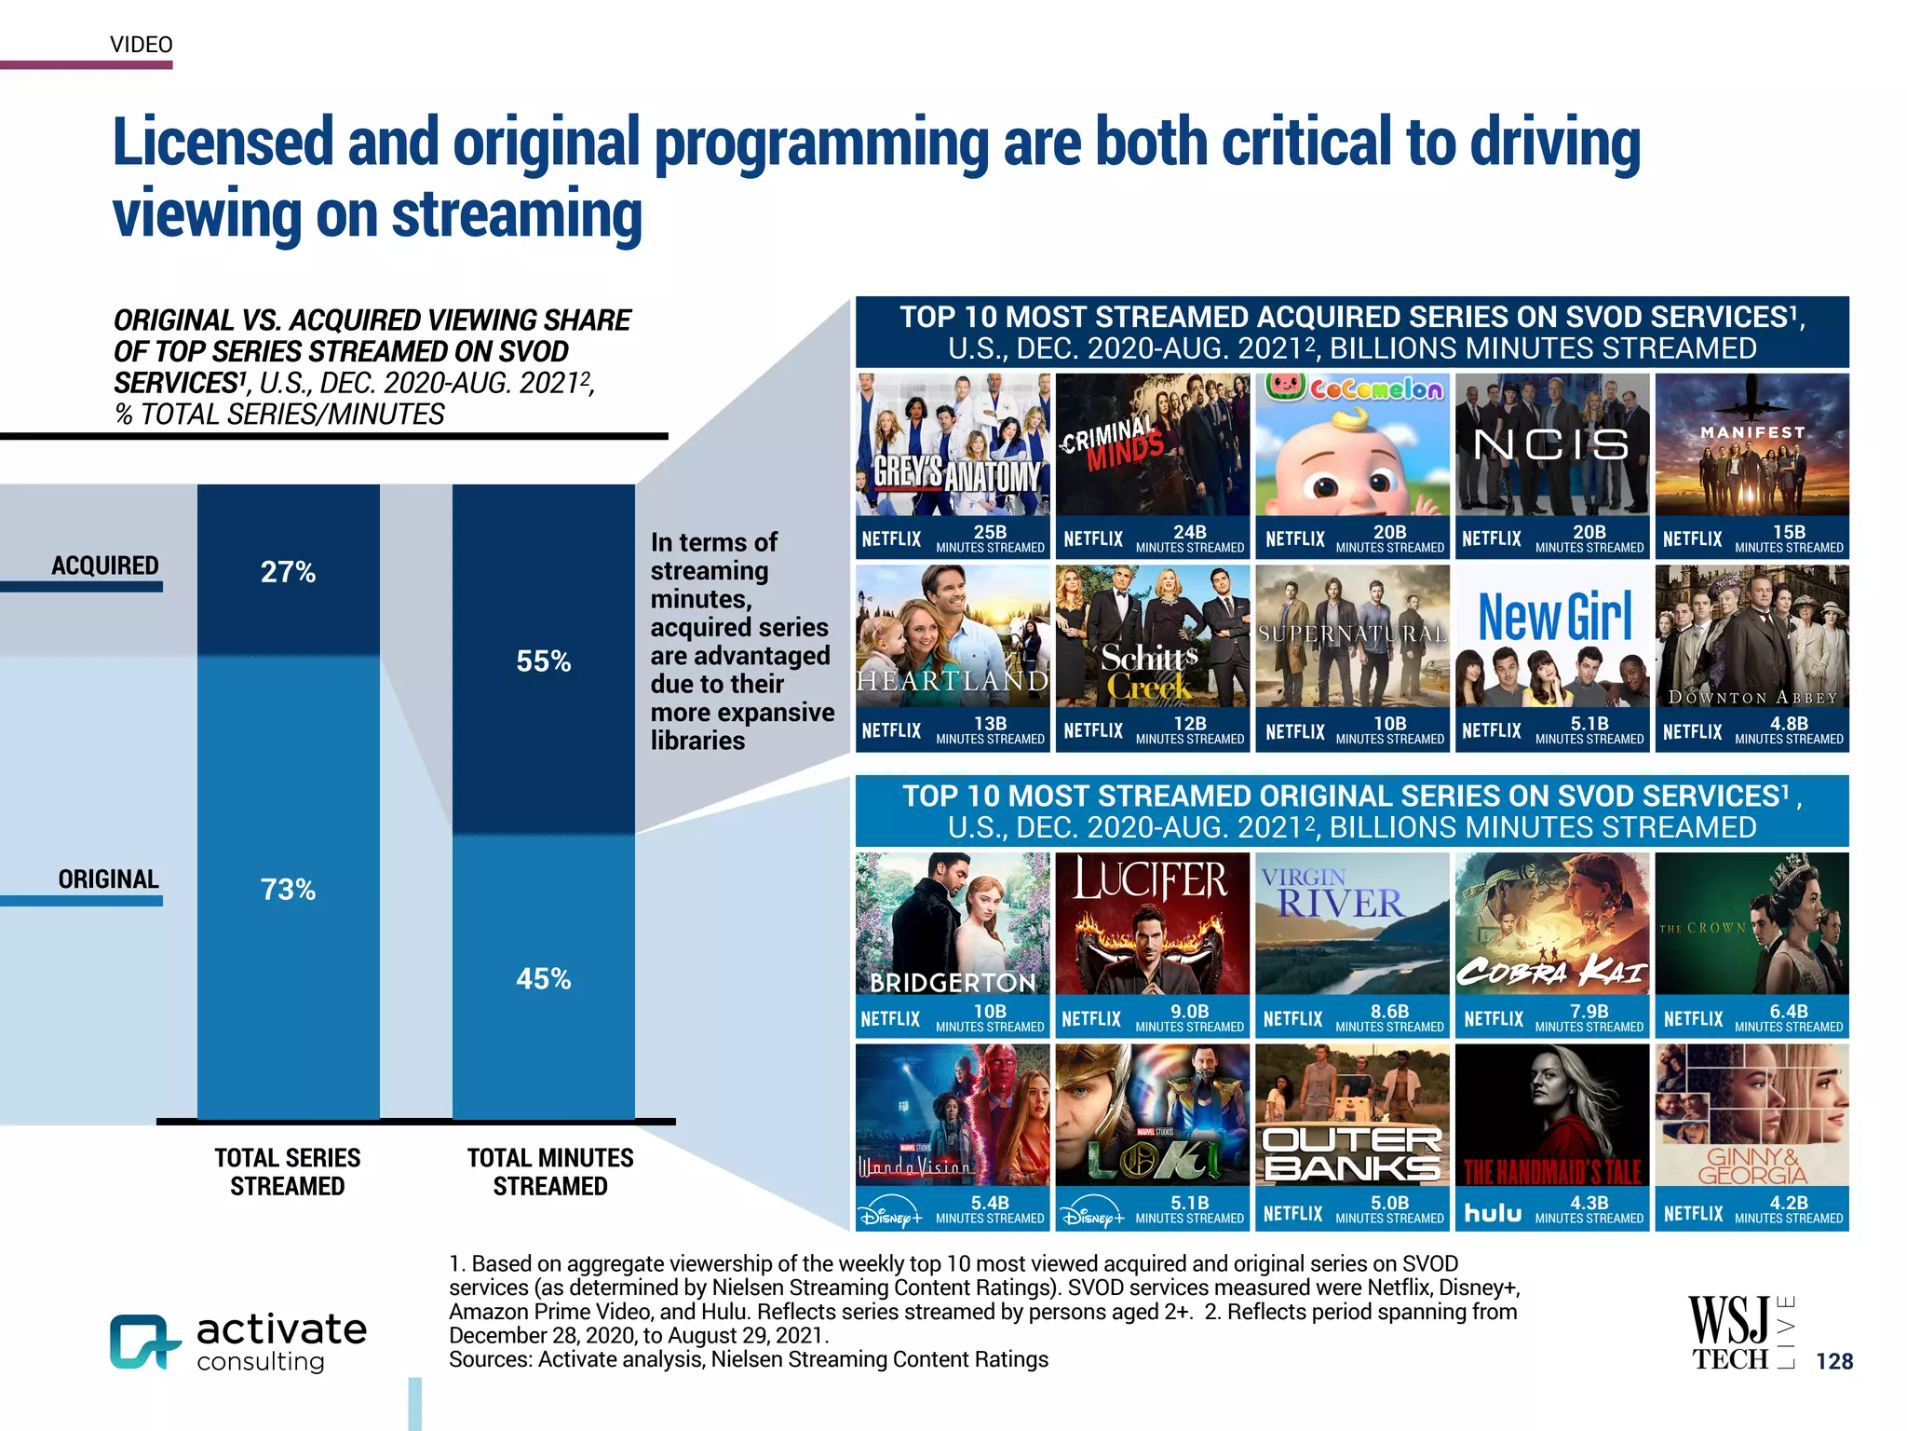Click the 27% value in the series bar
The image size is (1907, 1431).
288,572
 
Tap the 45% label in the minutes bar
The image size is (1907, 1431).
544,979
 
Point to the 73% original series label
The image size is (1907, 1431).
288,890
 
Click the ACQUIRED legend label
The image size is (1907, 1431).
104,566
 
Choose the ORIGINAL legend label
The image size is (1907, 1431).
108,879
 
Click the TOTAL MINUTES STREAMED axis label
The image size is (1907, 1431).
550,1172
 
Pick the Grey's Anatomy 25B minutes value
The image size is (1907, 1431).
990,532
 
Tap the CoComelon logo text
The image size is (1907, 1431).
1376,388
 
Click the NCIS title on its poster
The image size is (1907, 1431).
1551,444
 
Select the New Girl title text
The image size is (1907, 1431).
1555,617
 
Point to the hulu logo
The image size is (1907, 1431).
1493,1212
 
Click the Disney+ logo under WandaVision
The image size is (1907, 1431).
891,1214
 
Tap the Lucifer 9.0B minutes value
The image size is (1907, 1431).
1189,1012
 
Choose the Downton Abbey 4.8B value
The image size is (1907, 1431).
1789,724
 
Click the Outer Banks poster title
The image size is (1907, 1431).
1351,1153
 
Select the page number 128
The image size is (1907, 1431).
1834,1361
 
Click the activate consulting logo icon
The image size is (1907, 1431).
143,1342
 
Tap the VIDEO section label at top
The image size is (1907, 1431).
142,45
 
